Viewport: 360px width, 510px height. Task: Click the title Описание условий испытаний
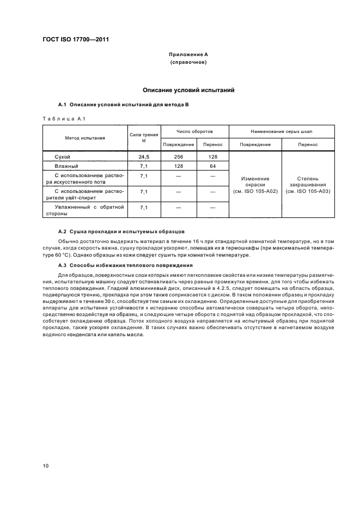(x=188, y=89)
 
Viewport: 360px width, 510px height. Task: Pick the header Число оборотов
(x=194, y=132)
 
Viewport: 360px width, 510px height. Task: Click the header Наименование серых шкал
(x=282, y=132)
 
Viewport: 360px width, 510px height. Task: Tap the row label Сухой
(x=63, y=156)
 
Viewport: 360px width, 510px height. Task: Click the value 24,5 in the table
(x=144, y=156)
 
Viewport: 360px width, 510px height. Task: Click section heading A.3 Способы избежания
(x=125, y=265)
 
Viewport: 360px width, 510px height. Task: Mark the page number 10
(x=46, y=465)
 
